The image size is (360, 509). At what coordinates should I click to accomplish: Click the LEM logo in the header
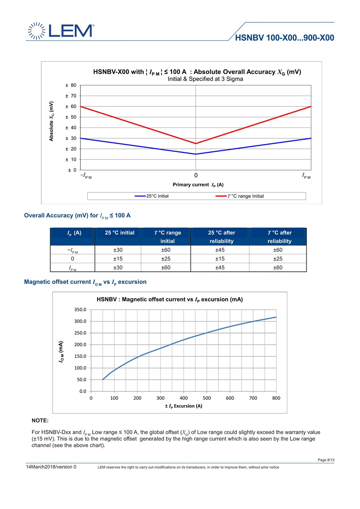coord(61,31)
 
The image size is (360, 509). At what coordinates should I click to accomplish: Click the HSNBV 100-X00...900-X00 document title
coord(284,38)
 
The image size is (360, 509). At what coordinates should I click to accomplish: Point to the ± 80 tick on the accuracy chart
coord(71,85)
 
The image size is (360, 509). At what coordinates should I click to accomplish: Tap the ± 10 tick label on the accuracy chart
coord(71,160)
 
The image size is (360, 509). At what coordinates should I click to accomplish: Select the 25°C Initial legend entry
coord(152,196)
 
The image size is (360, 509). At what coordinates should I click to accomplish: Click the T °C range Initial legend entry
coord(240,196)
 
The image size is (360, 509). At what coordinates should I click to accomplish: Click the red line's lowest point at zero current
coord(196,144)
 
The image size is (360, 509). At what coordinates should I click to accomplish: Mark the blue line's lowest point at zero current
coord(196,154)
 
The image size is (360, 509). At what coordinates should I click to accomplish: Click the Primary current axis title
coord(198,185)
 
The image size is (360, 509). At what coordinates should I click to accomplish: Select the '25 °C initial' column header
coord(120,233)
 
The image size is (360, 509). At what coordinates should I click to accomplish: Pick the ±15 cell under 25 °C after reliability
coord(220,259)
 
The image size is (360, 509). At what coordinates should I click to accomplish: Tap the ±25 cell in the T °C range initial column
coord(166,259)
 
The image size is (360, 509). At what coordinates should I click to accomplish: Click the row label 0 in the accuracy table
coord(72,259)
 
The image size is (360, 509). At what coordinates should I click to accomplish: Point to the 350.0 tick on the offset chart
coord(80,309)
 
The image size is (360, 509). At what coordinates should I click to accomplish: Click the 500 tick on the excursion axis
coord(207,398)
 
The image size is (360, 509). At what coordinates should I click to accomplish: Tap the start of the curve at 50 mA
coord(103,379)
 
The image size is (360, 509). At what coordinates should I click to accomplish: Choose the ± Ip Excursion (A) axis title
coord(184,406)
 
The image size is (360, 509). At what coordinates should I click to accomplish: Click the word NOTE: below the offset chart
coord(40,421)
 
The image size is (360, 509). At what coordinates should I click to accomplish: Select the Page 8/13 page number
coord(326,460)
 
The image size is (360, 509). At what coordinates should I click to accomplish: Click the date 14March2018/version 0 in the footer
coord(51,467)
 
